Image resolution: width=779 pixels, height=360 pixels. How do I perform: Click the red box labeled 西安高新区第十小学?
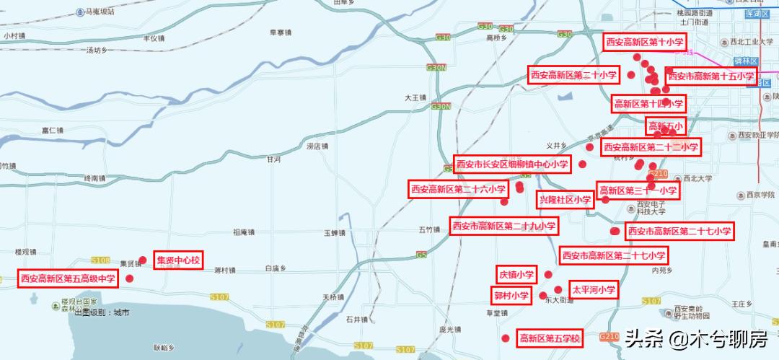pos(644,42)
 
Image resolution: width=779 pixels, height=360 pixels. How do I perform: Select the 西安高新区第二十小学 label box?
pos(573,75)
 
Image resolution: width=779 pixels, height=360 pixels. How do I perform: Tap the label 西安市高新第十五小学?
pos(710,76)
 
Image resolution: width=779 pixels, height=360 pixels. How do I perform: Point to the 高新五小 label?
pos(664,126)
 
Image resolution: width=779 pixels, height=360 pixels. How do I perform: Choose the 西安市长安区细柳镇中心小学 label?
pos(512,164)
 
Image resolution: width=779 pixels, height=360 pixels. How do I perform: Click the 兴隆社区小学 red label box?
pos(565,200)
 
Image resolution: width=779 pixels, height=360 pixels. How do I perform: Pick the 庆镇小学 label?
pos(516,274)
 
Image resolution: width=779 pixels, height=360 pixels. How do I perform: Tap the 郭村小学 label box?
pos(511,296)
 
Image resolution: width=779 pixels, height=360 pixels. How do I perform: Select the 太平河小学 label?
pos(594,290)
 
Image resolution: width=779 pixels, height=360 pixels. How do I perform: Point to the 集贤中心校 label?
pos(178,260)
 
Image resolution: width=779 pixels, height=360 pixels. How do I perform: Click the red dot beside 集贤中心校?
pos(143,260)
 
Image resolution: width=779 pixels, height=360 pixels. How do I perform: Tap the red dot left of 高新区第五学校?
pos(505,338)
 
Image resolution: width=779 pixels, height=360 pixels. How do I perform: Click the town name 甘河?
pos(273,159)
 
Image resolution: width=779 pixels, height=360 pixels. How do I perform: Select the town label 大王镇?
pos(415,97)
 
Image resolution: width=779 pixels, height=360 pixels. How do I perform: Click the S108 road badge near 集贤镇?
pos(101,260)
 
